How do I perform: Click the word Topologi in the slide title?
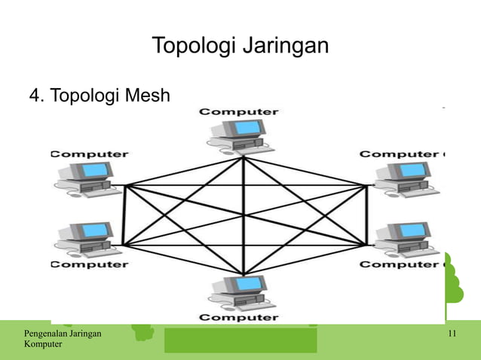(194, 46)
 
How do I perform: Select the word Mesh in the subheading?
(146, 96)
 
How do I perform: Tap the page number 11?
(452, 334)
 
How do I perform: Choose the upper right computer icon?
(403, 179)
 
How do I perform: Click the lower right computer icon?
(403, 238)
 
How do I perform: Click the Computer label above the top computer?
(238, 111)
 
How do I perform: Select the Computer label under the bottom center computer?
(238, 318)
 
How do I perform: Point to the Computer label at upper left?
(89, 154)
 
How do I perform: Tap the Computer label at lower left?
(89, 264)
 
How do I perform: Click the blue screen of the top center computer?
(247, 127)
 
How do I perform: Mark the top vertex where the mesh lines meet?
(244, 157)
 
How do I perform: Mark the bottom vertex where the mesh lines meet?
(244, 274)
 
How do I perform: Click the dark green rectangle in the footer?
(240, 340)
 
